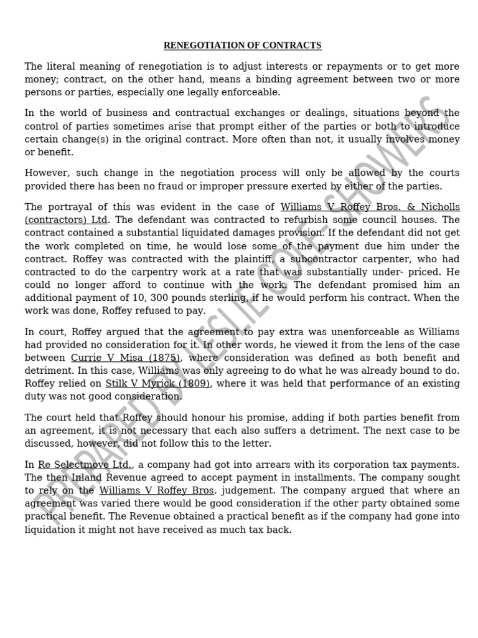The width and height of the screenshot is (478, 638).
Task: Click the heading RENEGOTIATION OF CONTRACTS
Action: [x=242, y=45]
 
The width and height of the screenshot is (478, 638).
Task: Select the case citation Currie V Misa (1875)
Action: [x=125, y=358]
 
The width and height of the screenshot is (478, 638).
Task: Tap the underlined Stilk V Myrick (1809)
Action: [x=157, y=384]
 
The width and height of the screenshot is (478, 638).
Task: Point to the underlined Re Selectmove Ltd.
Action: [x=85, y=465]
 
